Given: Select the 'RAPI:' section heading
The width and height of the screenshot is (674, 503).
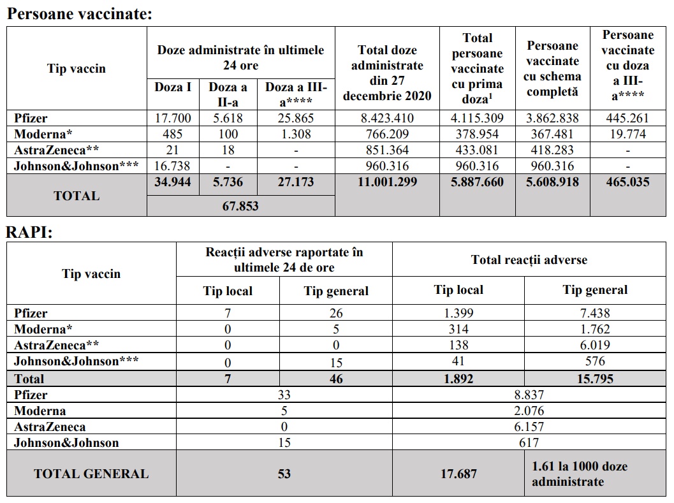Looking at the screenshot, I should pos(29,232).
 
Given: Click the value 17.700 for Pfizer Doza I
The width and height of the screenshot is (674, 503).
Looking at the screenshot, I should pos(173,118).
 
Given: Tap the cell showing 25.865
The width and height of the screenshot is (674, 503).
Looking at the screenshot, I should pos(296,118).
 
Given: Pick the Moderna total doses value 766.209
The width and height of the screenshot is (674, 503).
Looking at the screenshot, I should pos(386,134).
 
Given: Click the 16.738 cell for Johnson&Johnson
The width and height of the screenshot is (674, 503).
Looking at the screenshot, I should pos(173,166).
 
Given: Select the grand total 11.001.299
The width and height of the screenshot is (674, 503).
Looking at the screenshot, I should pos(386,182).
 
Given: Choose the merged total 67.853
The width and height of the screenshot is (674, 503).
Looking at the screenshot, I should pos(240,206).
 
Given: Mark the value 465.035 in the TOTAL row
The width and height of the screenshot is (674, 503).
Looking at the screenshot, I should pos(627,182).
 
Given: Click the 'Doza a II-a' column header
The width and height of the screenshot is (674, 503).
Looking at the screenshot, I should pos(228,94).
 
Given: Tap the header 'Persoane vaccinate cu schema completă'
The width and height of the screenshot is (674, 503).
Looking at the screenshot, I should pos(553,69).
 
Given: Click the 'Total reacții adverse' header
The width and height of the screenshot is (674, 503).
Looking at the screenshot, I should pos(529,259).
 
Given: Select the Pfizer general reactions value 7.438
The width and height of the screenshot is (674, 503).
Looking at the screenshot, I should pos(594,313).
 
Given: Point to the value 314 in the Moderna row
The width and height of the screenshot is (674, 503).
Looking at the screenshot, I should pos(458,329).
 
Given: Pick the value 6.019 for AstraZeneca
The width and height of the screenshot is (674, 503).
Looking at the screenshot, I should pos(594,345).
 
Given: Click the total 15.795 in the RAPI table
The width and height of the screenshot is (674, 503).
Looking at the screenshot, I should pos(594,379).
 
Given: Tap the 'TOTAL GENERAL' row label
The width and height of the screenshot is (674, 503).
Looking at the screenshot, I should pos(91,474).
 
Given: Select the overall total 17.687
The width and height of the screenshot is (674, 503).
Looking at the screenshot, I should pos(458,474).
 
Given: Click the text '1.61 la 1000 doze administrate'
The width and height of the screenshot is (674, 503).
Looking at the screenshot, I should pos(579,474).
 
